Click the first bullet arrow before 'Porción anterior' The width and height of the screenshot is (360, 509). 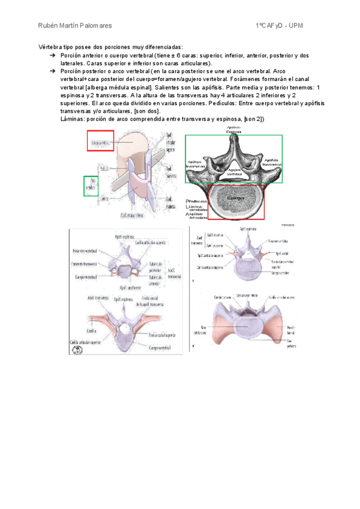(x=53, y=55)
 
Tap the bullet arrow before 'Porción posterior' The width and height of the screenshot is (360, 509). (x=53, y=71)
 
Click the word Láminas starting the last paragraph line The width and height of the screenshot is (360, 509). (x=73, y=118)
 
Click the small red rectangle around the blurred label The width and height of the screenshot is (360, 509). (x=100, y=141)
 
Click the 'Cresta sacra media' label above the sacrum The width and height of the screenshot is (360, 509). (x=247, y=297)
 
